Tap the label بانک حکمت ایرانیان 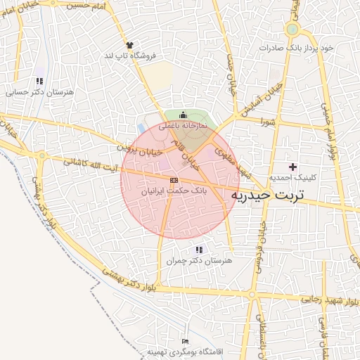pyautogui.click(x=174, y=191)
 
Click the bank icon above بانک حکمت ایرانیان pyautogui.click(x=174, y=181)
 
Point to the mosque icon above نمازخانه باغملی pyautogui.click(x=183, y=115)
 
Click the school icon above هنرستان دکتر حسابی pyautogui.click(x=39, y=81)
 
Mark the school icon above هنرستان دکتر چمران pyautogui.click(x=199, y=250)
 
